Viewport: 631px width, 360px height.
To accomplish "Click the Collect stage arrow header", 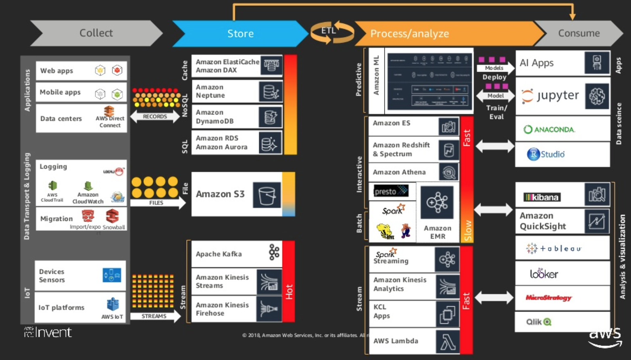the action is pos(96,33).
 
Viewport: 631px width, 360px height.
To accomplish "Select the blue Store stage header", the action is pos(240,33).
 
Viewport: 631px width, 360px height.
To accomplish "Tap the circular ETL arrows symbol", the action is pos(332,32).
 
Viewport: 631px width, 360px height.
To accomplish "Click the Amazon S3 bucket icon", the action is pos(267,195).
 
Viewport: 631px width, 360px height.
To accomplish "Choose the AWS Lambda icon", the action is pos(448,342).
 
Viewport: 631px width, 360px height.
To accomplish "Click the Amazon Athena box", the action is pos(403,172).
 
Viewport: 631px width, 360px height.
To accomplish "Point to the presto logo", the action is pos(391,191).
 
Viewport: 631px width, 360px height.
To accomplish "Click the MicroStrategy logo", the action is pos(548,298).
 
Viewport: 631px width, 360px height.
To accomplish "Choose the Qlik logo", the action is pos(539,322).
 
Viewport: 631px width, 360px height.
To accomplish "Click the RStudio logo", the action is pos(546,154).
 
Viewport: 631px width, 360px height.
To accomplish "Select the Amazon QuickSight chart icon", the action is pos(597,222).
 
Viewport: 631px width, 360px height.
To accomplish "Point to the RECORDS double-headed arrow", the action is pos(155,117).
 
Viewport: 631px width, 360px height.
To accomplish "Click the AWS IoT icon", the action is pos(112,305).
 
